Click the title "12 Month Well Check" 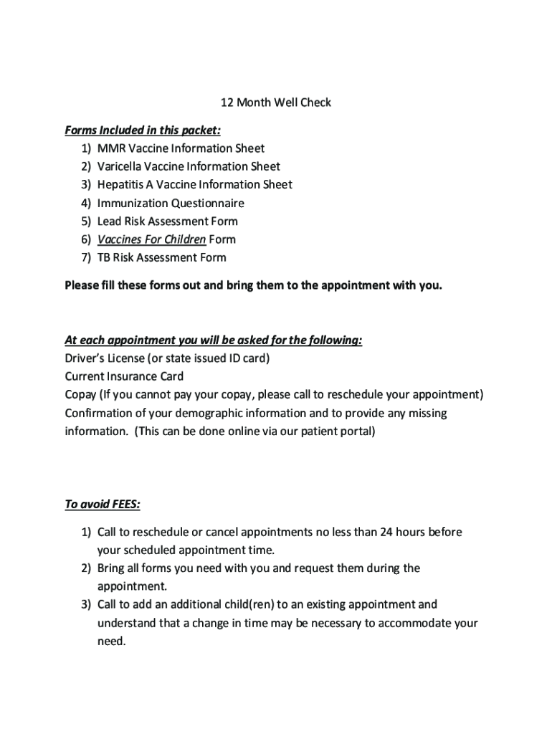point(275,103)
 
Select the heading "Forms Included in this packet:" point(143,130)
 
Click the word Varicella point(119,166)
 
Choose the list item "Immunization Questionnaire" point(171,203)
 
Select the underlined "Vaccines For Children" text point(151,239)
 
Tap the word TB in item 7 point(104,257)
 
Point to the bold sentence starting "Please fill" point(254,286)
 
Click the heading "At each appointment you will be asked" point(213,340)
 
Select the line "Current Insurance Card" point(124,376)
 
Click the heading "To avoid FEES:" point(103,505)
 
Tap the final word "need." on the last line point(111,641)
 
